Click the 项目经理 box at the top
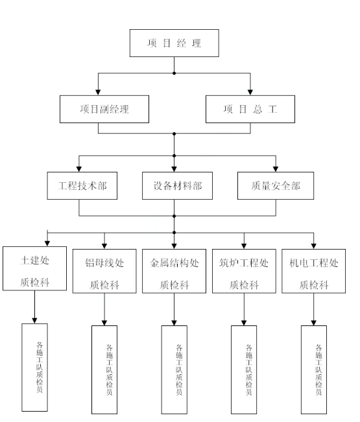point(174,43)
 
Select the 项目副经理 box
point(104,109)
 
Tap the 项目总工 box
point(250,109)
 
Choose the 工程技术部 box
point(82,185)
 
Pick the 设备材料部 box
point(177,185)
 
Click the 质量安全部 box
point(276,185)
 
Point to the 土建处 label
point(35,260)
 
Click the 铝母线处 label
point(104,263)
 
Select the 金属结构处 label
point(174,263)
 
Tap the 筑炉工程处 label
point(244,263)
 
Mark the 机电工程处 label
point(314,263)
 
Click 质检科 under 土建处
point(35,283)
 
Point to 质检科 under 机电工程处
point(314,285)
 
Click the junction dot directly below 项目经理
point(174,73)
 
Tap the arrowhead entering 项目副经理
point(98,92)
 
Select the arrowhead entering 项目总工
point(250,92)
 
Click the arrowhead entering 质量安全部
point(276,169)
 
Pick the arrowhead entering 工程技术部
point(79,169)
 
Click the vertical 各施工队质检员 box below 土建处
point(35,368)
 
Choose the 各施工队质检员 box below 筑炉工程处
point(244,369)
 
